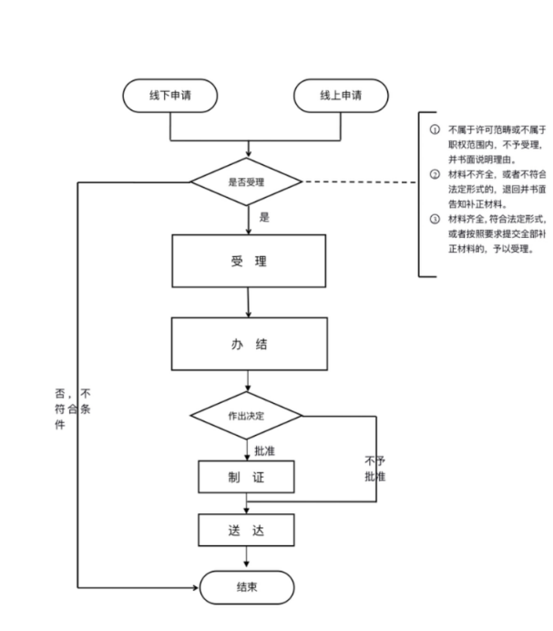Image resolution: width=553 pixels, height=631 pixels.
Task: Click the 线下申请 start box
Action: [170, 96]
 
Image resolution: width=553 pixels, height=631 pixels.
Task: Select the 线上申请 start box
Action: [341, 96]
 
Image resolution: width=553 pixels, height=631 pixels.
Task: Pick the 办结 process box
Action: [248, 345]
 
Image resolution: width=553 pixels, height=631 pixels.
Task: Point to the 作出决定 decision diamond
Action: [247, 416]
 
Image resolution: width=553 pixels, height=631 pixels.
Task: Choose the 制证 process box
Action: [247, 478]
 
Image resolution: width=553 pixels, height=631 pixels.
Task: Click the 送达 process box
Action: [247, 531]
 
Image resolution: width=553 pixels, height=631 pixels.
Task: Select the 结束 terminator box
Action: [247, 586]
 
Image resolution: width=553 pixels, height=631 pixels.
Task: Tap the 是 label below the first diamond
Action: [265, 218]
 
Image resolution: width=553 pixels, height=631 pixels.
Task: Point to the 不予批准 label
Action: [374, 468]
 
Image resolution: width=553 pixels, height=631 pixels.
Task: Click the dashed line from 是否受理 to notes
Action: [360, 182]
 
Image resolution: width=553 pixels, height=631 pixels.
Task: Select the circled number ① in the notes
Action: [435, 131]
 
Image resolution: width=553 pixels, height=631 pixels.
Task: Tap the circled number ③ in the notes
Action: [435, 219]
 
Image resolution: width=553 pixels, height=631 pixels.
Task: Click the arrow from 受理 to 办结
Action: [248, 304]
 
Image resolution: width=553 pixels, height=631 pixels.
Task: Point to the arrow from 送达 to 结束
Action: [247, 558]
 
